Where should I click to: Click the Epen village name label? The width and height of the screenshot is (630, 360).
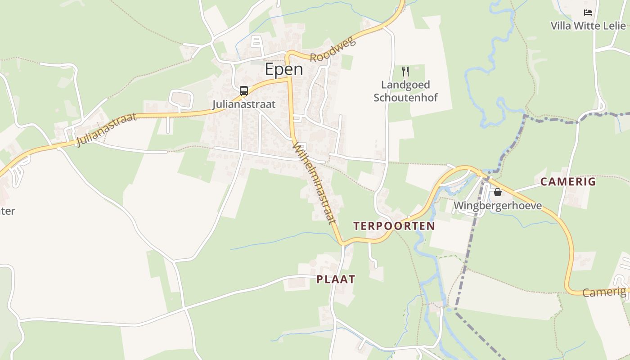coord(283,69)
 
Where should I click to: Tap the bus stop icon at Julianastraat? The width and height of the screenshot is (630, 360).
coord(244,91)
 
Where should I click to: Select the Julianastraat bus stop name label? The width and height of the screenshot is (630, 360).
coord(244,104)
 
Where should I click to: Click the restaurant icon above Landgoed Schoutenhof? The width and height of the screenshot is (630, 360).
coord(405,72)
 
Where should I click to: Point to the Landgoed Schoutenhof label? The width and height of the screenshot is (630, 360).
coord(405,91)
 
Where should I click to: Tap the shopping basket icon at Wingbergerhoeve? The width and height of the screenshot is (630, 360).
coord(498,193)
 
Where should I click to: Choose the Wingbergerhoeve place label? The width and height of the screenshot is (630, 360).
coord(498,206)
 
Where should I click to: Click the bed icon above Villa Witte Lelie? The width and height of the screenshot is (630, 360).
coord(588,13)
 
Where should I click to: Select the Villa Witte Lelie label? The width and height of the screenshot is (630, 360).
coord(588,26)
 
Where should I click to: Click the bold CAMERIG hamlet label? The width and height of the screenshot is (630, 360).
coord(568,182)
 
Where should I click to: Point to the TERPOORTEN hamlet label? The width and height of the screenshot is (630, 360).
coord(394,226)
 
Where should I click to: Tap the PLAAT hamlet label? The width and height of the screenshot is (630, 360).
coord(336,279)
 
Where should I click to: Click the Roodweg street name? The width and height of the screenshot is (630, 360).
coord(333,49)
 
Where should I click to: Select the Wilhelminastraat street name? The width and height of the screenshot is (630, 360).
coord(314,183)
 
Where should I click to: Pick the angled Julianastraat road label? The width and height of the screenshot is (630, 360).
coord(106,130)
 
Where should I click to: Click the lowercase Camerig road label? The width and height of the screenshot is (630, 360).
coord(604,292)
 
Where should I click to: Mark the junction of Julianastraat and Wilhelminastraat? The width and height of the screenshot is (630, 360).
coord(288,78)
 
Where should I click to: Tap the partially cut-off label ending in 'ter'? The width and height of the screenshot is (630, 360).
coord(8,211)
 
